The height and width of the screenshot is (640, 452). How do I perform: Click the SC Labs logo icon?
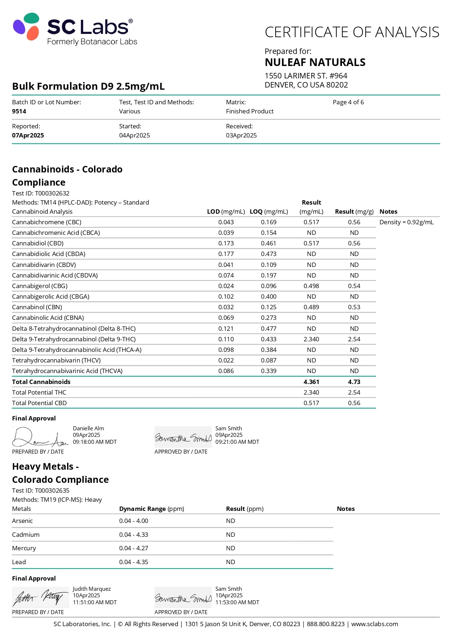point(26,26)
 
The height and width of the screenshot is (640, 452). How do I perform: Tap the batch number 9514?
point(19,111)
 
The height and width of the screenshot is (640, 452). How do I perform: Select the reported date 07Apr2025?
point(28,135)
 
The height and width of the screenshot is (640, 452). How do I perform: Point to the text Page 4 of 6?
point(348,102)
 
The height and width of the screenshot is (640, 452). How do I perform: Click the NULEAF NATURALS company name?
point(315,62)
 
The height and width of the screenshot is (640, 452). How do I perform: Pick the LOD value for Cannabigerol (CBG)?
point(226,286)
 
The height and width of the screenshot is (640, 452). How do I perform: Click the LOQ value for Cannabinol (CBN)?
point(269,307)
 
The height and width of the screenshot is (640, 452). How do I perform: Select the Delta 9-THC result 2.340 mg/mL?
point(311,339)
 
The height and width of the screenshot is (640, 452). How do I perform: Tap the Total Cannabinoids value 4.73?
point(354,382)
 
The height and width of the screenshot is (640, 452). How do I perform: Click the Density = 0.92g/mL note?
point(406,222)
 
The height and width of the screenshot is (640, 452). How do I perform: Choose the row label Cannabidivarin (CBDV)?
point(44,265)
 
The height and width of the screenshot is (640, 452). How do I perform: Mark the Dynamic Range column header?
point(151,509)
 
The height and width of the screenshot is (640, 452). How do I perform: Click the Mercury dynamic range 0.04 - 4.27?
point(133,548)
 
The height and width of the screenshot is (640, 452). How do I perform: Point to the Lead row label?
point(19,562)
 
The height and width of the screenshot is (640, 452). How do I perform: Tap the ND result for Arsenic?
point(230,521)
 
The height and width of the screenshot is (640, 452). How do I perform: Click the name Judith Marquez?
point(91,589)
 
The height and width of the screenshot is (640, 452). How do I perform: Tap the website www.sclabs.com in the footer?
point(374,624)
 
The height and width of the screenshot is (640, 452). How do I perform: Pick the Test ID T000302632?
point(52,193)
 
